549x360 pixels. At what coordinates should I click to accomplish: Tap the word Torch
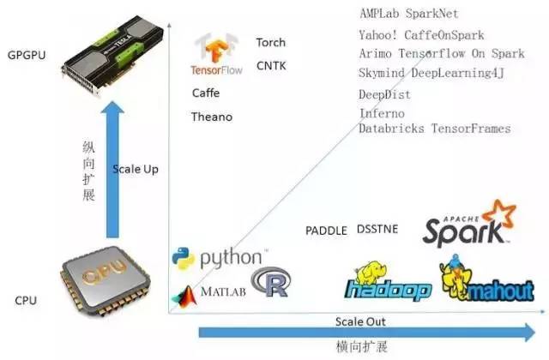[271, 42]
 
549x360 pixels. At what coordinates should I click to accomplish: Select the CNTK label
[271, 65]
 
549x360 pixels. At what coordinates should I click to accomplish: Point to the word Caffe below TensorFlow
[206, 93]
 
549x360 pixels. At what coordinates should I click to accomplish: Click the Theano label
[212, 117]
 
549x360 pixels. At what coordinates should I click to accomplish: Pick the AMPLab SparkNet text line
[408, 14]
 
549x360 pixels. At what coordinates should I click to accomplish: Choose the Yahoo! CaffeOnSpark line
[421, 35]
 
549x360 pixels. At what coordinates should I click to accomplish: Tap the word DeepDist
[384, 93]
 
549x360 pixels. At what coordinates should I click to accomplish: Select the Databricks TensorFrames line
[434, 129]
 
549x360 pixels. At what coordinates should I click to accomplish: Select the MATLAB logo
[209, 292]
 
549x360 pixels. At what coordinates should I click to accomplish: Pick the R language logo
[268, 282]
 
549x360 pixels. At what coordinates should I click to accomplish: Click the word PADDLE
[326, 231]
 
